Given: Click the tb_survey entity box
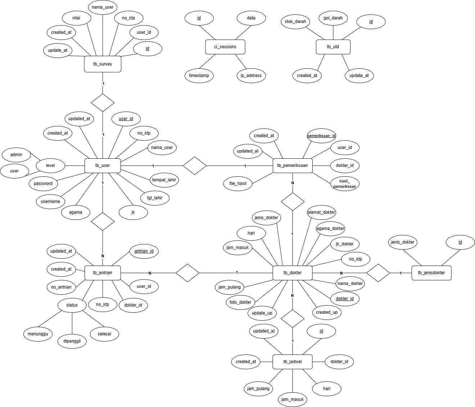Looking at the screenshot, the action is click(103, 64).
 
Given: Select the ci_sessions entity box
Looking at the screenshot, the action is click(225, 47).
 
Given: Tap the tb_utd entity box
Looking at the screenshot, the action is click(333, 47).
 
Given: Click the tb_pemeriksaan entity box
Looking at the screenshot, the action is click(293, 166).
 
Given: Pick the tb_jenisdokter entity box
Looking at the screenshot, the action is click(431, 273).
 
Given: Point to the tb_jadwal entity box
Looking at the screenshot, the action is click(292, 362).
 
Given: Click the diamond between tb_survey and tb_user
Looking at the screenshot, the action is click(103, 103).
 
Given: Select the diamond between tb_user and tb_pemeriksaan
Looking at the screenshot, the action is click(195, 166).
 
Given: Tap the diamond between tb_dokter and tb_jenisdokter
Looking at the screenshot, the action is click(378, 273).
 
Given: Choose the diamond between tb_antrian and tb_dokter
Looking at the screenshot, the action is click(187, 273).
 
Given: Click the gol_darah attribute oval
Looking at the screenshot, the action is click(333, 18).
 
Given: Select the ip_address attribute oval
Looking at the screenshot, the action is click(251, 76).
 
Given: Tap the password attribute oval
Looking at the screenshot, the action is click(43, 184).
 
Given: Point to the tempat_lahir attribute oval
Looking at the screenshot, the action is click(164, 180).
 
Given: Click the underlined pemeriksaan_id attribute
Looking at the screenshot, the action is click(321, 136).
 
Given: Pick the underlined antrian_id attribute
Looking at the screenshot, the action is click(144, 251).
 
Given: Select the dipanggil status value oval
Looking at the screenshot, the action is click(72, 341).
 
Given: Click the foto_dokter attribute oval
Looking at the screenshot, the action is click(240, 302).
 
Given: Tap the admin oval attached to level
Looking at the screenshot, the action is click(16, 155).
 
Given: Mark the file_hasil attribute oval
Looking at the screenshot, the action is click(238, 184).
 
